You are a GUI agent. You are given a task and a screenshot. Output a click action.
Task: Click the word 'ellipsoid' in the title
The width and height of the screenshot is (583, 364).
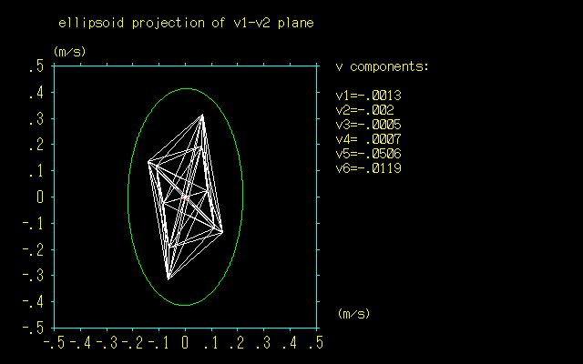[x=91, y=23]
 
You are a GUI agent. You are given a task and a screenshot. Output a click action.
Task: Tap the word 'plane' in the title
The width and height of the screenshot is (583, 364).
[x=295, y=23]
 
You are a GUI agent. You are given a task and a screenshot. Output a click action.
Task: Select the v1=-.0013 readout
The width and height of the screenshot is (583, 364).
[x=368, y=96]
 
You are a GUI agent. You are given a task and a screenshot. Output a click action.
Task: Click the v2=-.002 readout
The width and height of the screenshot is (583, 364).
[x=364, y=110]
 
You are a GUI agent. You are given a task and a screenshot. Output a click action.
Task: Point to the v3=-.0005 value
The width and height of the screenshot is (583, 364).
[x=368, y=125]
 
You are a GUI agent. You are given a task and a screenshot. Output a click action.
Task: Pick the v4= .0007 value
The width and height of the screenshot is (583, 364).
[x=368, y=139]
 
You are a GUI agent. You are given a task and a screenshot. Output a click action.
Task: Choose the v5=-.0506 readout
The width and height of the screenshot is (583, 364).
[x=368, y=154]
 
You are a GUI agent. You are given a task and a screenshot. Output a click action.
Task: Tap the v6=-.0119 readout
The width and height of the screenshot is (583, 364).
[x=368, y=167]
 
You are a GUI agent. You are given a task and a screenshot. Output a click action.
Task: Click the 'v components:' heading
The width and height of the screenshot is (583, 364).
[x=383, y=66]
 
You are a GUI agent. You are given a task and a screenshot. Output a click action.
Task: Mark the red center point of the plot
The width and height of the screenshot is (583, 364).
[x=185, y=198]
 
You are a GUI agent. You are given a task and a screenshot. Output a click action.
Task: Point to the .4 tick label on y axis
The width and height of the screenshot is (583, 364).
[x=36, y=92]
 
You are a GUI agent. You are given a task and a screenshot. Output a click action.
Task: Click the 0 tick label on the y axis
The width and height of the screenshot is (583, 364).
[x=40, y=197]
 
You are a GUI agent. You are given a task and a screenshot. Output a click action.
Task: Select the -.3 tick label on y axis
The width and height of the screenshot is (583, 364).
[x=33, y=276]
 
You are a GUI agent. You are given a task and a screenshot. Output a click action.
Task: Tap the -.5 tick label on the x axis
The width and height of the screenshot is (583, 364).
[x=54, y=342]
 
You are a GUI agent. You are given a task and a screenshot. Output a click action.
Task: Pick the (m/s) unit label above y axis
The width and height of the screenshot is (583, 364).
[x=69, y=51]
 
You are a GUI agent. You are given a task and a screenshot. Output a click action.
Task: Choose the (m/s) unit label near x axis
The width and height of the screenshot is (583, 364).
[x=354, y=313]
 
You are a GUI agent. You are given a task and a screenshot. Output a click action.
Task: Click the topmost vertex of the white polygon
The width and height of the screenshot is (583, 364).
[x=202, y=115]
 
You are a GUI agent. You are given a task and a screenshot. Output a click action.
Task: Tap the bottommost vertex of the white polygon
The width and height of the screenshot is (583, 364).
[x=168, y=278]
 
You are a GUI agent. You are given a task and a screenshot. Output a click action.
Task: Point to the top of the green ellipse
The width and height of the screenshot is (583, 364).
[x=186, y=88]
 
